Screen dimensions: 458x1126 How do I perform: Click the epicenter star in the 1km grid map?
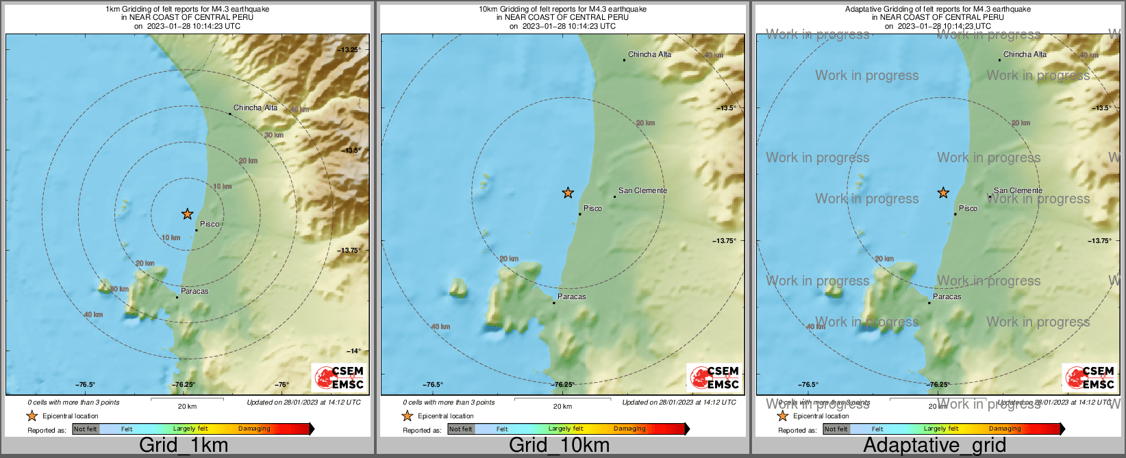188,214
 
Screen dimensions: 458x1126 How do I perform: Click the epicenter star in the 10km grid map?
568,193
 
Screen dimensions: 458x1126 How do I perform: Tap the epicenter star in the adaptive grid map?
943,193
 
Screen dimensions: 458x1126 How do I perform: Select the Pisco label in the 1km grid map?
210,224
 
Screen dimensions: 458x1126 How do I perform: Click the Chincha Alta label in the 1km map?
255,107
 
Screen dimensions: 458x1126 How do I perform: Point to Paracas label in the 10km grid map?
571,296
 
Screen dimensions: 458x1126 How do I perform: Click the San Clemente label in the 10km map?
642,190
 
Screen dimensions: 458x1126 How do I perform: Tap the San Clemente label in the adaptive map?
1018,190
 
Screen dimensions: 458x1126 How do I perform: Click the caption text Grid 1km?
184,445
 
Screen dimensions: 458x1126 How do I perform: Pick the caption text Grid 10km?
559,445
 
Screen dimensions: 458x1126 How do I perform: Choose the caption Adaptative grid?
934,445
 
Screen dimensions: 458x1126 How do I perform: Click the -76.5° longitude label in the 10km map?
433,385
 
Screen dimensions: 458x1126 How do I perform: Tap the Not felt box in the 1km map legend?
86,429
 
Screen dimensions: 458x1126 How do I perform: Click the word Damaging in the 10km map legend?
629,429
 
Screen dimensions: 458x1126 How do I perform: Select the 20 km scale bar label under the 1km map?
187,406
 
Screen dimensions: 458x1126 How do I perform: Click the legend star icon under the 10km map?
407,416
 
